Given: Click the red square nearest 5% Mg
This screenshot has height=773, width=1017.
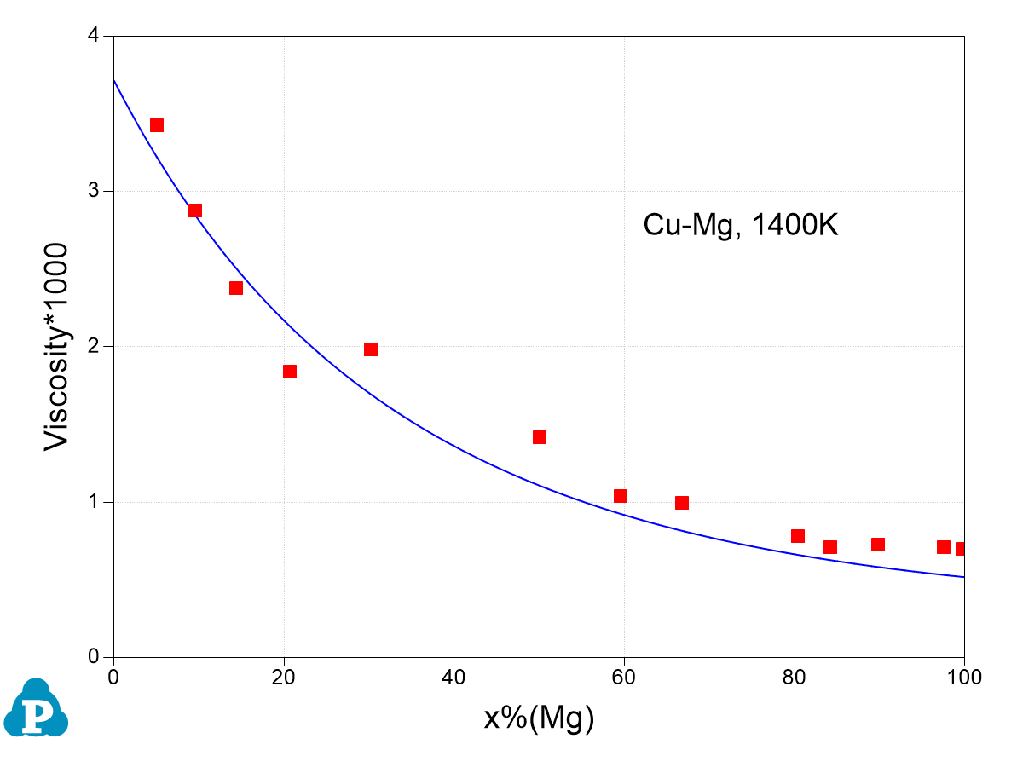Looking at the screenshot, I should [x=157, y=125].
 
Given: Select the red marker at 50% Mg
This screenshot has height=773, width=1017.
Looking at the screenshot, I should [x=540, y=437].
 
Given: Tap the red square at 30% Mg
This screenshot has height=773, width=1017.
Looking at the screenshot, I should [x=371, y=349].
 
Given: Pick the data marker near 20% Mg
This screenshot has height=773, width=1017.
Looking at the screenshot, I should [x=290, y=372].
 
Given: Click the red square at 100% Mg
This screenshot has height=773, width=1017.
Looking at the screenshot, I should [x=962, y=549].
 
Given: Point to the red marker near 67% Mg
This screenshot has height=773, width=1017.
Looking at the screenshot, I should [x=682, y=503].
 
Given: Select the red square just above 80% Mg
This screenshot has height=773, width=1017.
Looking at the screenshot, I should [x=798, y=536].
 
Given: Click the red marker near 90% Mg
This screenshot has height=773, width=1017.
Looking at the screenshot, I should [x=878, y=545].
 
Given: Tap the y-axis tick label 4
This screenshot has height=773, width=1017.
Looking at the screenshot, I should [x=94, y=36].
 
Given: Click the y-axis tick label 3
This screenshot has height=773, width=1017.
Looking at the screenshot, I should [x=94, y=191].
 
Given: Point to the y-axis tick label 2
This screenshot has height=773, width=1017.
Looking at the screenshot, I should [x=94, y=347].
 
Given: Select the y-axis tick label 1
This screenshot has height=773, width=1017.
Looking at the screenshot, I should [x=94, y=502].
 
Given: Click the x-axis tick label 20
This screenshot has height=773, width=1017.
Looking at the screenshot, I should [x=284, y=678].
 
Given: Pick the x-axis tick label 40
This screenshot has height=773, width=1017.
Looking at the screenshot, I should [x=454, y=678].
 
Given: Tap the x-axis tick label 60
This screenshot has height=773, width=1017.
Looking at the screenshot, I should [x=624, y=678].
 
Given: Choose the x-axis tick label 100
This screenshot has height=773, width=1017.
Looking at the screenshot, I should [x=964, y=678].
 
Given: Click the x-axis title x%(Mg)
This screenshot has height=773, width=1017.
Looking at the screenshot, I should [x=539, y=718].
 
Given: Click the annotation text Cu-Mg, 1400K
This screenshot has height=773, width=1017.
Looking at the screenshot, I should [x=741, y=225].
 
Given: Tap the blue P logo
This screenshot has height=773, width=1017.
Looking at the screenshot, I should [x=36, y=709].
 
